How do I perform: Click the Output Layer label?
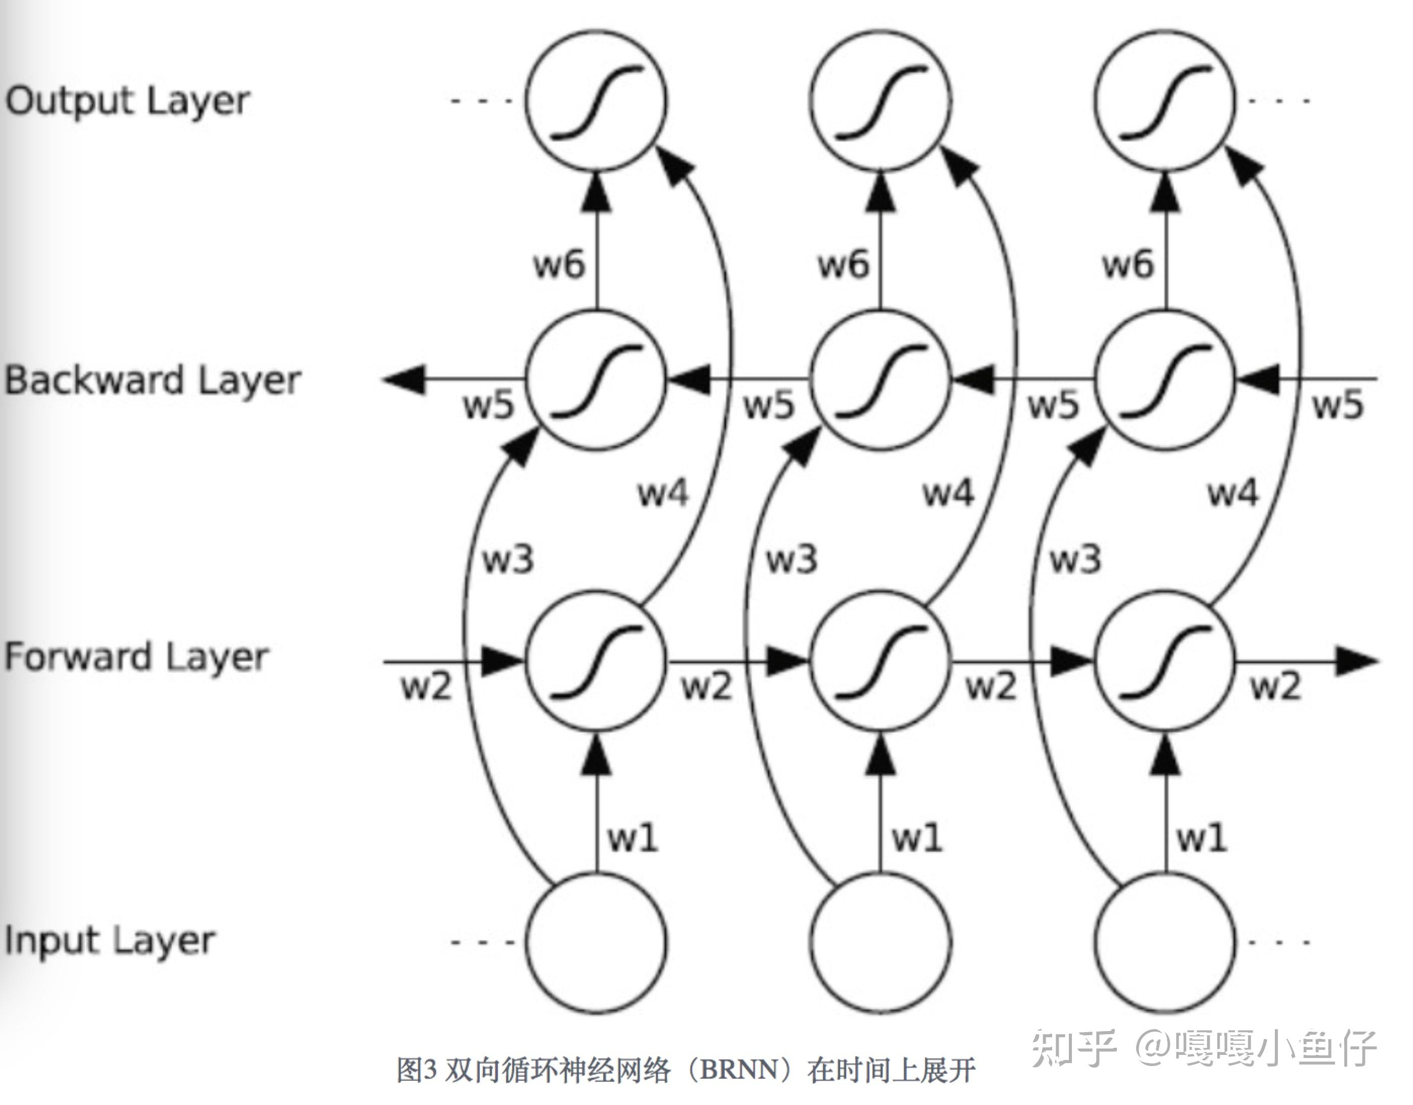128,102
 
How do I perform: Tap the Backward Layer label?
153,380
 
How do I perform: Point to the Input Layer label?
109,941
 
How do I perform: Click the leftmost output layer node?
596,101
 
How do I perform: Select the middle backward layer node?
881,380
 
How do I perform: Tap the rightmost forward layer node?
1165,661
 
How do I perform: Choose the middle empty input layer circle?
881,942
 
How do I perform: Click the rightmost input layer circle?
1165,942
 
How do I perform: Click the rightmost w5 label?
1337,405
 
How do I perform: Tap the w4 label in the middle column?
948,493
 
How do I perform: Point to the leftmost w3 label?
508,559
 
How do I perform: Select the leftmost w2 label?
426,687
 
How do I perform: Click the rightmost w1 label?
1201,838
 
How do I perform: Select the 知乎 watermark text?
1074,1047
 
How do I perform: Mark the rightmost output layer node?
1165,101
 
